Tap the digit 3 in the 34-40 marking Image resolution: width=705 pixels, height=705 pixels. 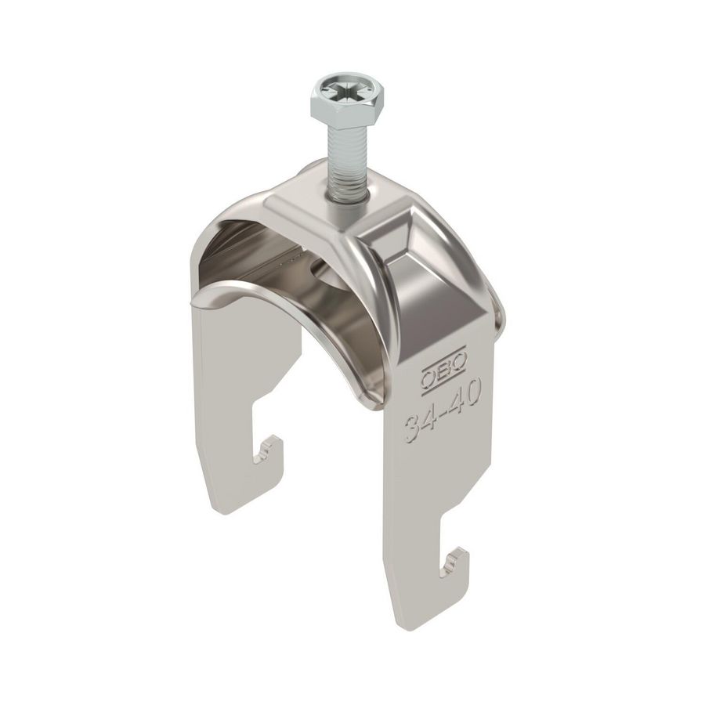(x=413, y=429)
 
